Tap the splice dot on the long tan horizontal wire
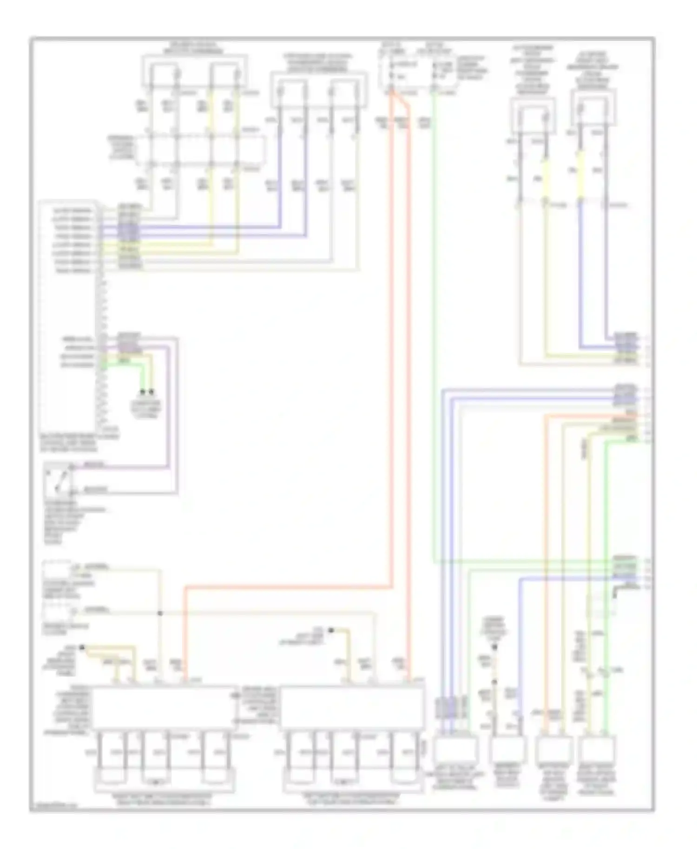(x=160, y=613)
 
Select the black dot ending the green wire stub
(x=143, y=392)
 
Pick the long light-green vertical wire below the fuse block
(x=434, y=325)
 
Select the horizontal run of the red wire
(x=288, y=588)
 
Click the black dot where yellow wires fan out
(x=82, y=647)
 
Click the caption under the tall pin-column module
(x=79, y=443)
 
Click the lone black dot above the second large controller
(x=331, y=630)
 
